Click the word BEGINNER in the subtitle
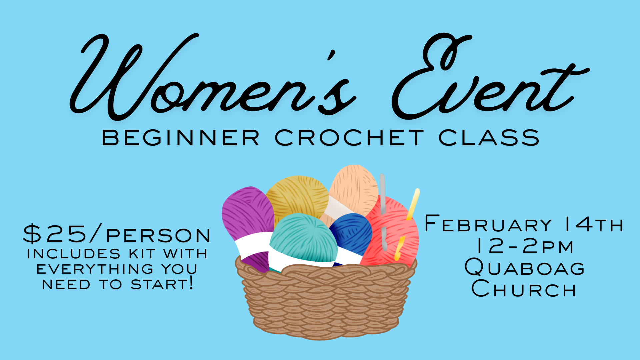[180, 138]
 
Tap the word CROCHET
[349, 138]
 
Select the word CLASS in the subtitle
[489, 138]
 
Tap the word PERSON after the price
[159, 235]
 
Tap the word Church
[524, 289]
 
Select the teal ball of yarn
[300, 237]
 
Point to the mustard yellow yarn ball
[297, 197]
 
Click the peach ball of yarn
[353, 188]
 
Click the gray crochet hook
[383, 200]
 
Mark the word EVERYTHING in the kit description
[95, 269]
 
